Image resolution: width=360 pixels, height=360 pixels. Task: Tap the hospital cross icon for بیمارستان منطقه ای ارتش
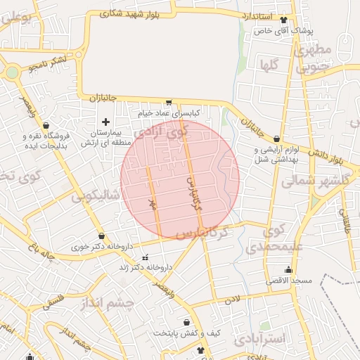tap(106, 122)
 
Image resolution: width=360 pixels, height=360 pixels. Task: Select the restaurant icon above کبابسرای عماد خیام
tap(168, 102)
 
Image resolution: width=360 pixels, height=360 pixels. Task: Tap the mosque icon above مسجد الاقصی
tap(288, 270)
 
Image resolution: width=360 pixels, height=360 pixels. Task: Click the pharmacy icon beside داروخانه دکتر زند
tap(146, 257)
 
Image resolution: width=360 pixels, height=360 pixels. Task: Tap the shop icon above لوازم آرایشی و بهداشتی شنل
tap(278, 139)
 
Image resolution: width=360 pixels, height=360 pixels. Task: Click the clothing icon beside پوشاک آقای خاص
tap(283, 20)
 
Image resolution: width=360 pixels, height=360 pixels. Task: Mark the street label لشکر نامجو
tap(49, 65)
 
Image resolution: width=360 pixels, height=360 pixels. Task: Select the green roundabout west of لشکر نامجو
tap(12, 72)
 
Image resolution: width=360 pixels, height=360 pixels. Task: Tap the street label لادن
tap(231, 300)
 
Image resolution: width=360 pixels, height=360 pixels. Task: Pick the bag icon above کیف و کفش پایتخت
tap(186, 322)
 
